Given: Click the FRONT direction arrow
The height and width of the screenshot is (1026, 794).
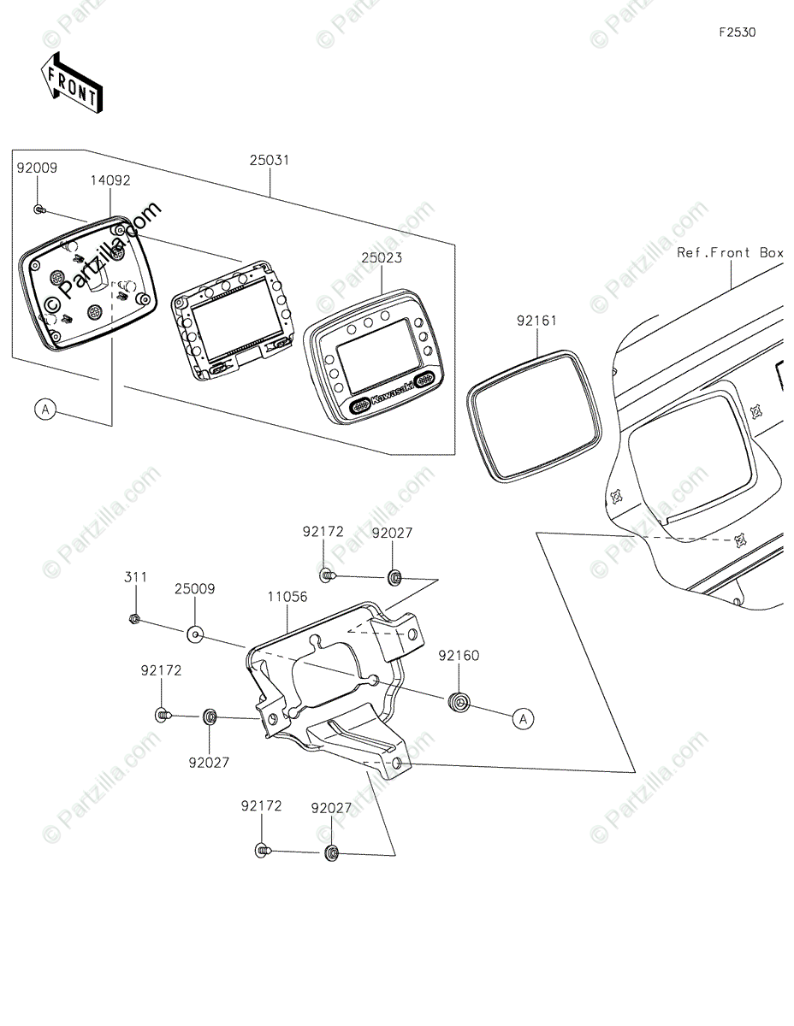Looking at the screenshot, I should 72,81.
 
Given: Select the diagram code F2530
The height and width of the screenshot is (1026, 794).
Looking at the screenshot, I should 737,33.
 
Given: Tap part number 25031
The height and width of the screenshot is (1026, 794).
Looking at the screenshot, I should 269,160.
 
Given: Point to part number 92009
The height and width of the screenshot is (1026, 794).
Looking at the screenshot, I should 37,168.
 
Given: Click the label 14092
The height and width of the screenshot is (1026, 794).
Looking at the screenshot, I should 111,181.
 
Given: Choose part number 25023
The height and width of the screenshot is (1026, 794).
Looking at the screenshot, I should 382,257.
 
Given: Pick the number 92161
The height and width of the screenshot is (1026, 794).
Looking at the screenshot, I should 536,321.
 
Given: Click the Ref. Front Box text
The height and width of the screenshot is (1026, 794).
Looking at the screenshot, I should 730,252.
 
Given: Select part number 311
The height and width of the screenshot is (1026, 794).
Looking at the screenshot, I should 134,577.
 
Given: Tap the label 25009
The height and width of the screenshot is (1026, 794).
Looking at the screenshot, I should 195,589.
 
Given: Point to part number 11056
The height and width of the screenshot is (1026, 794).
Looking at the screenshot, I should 287,598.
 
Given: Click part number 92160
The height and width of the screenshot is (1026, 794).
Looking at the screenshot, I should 459,656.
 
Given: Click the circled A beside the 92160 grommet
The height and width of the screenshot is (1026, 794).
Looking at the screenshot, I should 523,720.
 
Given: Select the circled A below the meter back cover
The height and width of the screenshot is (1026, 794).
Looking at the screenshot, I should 46,410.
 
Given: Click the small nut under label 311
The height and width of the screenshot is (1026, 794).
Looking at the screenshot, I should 134,618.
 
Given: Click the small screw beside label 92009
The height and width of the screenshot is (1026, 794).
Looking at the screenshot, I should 39,209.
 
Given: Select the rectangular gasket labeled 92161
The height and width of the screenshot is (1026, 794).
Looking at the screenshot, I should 530,414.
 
